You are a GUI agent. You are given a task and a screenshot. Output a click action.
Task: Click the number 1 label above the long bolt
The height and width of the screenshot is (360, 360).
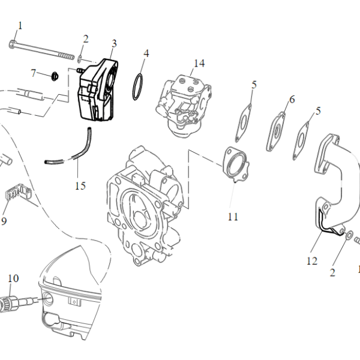coord(20,25)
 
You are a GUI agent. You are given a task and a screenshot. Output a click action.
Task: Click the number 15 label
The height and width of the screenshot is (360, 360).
coord(80,185)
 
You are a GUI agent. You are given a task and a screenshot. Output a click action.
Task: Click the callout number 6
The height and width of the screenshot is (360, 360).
coord(292,100)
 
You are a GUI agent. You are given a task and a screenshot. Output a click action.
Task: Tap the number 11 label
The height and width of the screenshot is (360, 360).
coord(233,216)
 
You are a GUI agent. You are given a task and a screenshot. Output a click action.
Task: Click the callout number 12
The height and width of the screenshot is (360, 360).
coord(311,260)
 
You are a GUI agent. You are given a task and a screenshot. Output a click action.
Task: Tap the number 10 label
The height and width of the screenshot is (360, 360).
coord(13,278)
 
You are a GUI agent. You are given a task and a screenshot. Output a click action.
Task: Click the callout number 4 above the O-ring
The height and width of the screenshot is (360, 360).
coord(145,53)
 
